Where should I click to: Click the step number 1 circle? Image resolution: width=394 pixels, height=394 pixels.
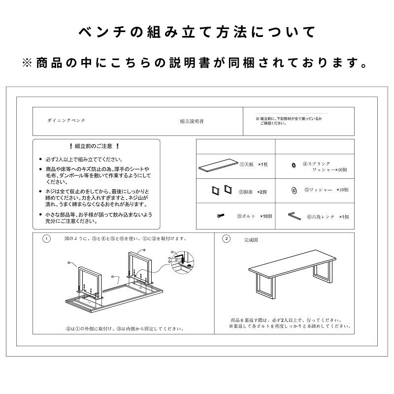click(x=46, y=239)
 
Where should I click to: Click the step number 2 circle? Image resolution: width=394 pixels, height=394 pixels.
click(x=226, y=239)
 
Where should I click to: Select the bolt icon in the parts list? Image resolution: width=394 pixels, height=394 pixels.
click(x=220, y=215)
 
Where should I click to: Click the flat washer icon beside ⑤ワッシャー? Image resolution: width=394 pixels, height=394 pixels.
click(x=294, y=190)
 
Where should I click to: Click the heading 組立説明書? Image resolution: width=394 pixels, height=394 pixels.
click(x=192, y=121)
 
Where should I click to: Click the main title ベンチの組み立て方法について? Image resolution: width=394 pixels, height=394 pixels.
click(x=197, y=33)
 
